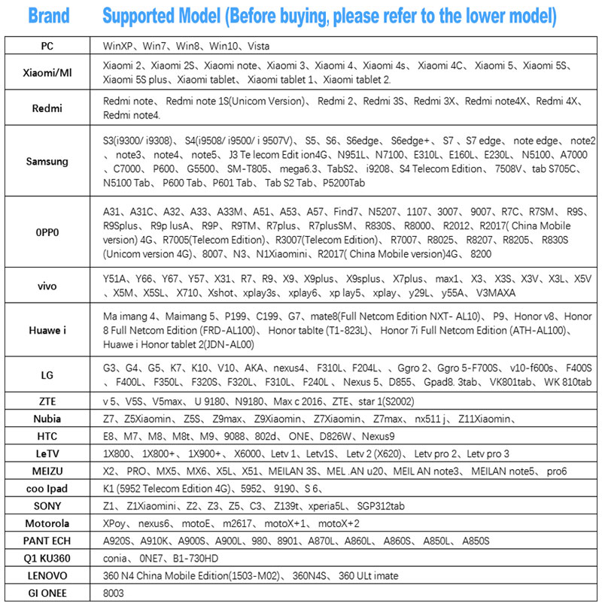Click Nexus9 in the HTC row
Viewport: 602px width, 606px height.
coord(353,435)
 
